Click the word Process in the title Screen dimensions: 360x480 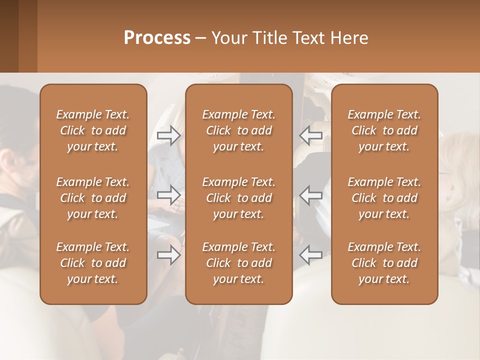(x=157, y=37)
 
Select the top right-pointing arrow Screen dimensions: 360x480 (x=169, y=135)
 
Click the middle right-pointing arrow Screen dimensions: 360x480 (x=169, y=195)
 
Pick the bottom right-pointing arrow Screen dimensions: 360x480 (x=169, y=255)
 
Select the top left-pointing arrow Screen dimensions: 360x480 (x=310, y=135)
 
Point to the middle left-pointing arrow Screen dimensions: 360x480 (x=310, y=195)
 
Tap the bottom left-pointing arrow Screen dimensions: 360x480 (x=310, y=255)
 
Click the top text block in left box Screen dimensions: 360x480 (x=93, y=130)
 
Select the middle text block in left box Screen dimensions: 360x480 (x=93, y=198)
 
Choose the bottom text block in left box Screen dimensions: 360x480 (x=93, y=263)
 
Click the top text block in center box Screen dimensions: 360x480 (x=239, y=130)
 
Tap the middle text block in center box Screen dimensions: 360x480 (x=239, y=198)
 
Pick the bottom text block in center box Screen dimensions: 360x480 (x=239, y=263)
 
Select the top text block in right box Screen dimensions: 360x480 (x=384, y=130)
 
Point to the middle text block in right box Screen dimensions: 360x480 (x=384, y=198)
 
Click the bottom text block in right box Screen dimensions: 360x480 (x=384, y=263)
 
